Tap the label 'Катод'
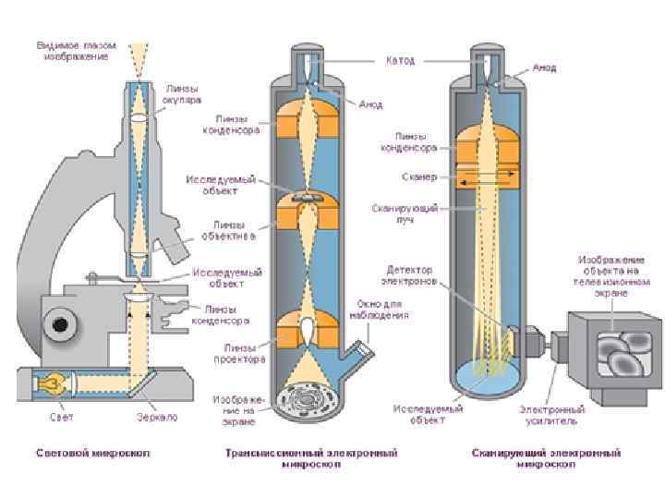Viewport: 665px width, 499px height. coord(400,60)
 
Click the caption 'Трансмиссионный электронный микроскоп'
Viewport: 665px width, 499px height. coord(312,458)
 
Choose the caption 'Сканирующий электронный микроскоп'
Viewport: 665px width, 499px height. coord(546,458)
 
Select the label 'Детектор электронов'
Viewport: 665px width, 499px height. coord(411,274)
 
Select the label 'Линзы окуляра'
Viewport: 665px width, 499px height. coord(187,93)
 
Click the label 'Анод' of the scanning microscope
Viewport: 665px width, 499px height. coord(544,67)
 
